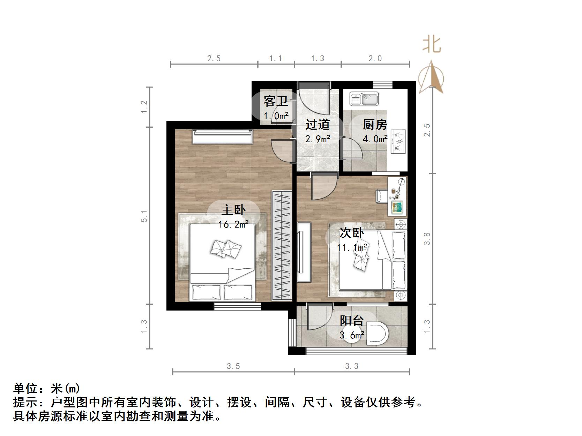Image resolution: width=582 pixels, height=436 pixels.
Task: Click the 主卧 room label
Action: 233,210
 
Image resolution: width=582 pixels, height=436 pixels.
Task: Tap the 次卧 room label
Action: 352,233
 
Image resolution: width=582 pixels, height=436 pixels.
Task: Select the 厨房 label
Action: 375,124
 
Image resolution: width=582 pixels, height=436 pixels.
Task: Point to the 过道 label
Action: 318,124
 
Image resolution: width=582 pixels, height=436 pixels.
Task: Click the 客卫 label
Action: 276,101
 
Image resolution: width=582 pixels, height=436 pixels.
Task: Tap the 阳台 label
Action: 352,321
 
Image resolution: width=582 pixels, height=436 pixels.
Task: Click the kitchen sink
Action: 364,99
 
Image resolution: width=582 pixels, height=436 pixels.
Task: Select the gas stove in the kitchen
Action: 398,141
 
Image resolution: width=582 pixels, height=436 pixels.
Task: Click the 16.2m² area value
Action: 233,224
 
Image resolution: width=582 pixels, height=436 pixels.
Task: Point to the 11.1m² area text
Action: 352,248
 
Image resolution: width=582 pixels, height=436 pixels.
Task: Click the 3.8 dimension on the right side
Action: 427,239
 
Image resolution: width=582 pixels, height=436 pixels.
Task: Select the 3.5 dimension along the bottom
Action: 233,366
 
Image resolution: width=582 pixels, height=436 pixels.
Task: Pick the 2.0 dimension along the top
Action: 375,59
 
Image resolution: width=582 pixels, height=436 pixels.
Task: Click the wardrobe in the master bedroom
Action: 282,245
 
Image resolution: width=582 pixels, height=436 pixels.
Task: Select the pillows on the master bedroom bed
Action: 226,248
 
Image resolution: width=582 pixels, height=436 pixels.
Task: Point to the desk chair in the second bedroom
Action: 381,196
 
